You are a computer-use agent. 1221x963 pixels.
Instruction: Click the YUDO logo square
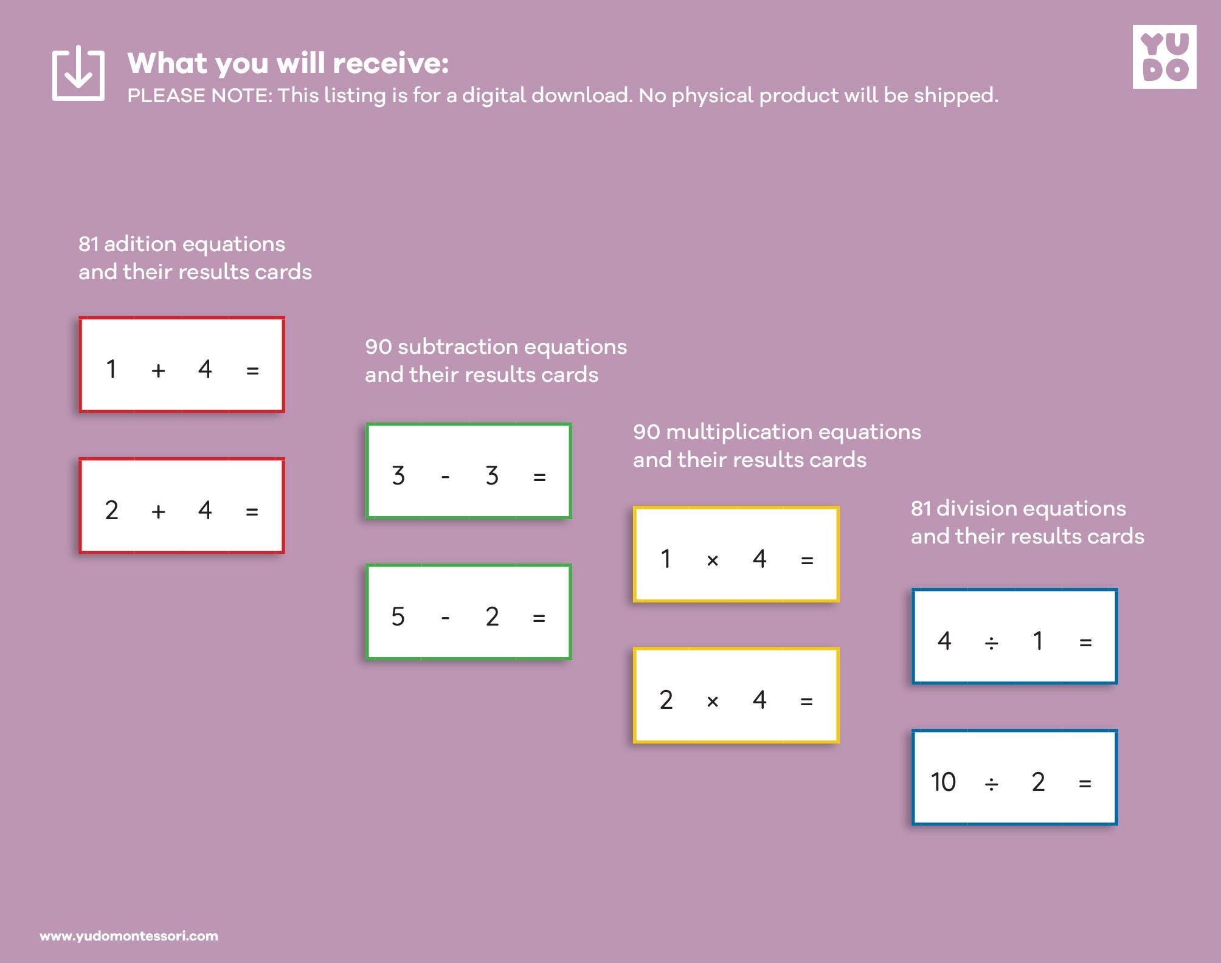(x=1164, y=57)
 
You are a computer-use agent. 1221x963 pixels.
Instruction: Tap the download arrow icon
(x=78, y=73)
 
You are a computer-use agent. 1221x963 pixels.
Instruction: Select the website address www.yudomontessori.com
(x=129, y=936)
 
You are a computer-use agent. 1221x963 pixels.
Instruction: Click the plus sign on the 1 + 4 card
(x=158, y=370)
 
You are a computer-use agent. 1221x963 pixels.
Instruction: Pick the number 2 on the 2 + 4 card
(x=111, y=511)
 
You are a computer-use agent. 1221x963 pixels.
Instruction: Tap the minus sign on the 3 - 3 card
(x=445, y=477)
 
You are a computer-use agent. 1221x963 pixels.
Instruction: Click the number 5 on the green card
(x=398, y=617)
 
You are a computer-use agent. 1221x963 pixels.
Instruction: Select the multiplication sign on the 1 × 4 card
(x=713, y=560)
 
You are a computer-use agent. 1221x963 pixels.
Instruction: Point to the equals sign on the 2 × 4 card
(x=806, y=701)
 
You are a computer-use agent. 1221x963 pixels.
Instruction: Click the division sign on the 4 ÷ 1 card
(x=991, y=643)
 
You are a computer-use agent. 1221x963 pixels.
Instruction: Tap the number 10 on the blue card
(x=943, y=782)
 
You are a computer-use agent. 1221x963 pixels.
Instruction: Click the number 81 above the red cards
(x=88, y=244)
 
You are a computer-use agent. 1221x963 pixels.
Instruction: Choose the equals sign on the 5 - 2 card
(x=539, y=618)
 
